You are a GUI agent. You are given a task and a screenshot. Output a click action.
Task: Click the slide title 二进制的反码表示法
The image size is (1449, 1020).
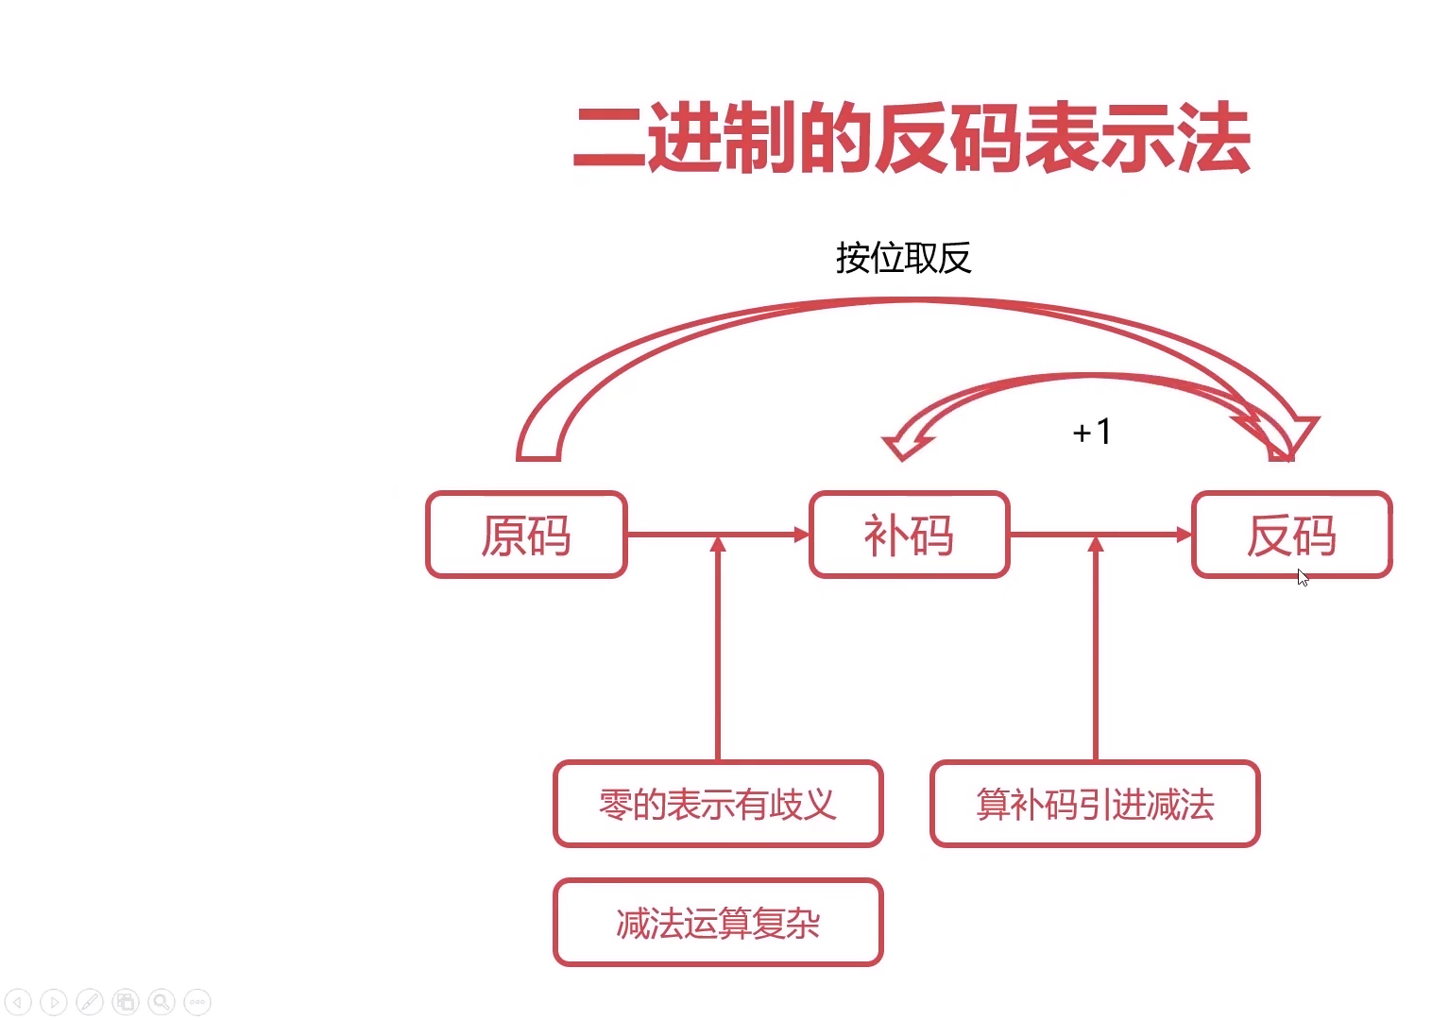point(912,140)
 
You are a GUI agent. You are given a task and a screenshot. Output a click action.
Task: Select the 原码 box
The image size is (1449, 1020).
point(526,535)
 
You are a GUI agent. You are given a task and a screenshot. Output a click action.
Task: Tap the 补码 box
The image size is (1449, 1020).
point(909,535)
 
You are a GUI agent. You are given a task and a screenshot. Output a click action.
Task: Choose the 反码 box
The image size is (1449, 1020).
point(1291,535)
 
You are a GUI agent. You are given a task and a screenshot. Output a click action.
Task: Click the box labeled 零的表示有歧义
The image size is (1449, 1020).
point(718,804)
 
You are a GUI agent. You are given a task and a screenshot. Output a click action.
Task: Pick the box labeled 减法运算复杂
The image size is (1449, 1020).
point(718,923)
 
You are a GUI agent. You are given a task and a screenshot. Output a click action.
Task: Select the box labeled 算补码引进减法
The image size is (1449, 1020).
point(1095,804)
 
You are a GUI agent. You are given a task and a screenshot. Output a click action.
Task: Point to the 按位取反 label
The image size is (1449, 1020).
point(903,258)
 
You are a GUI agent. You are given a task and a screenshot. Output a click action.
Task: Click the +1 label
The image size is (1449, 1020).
point(1092,433)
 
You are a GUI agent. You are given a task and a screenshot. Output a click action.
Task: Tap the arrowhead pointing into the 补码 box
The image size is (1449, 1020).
point(802,535)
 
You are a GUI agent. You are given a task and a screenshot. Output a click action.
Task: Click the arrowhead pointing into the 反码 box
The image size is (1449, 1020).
point(1185,535)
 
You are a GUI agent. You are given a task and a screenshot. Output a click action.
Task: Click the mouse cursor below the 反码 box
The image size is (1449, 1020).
point(1303,578)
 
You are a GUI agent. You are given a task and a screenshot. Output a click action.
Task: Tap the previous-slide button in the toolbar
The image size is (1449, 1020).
point(18,1001)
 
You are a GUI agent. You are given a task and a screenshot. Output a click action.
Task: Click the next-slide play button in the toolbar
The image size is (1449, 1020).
point(54,1001)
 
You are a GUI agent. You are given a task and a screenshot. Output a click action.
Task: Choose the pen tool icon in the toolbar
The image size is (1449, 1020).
point(90,1001)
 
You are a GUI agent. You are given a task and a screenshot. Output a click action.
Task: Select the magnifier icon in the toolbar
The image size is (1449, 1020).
point(162,1001)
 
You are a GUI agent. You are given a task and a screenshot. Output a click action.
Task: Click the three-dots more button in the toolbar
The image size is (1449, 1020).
point(197,1001)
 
